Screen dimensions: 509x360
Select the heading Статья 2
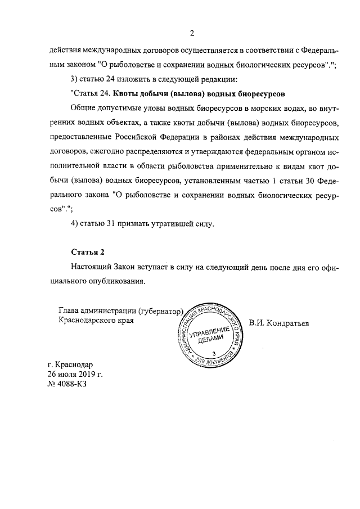click(x=87, y=251)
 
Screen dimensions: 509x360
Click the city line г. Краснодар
click(x=70, y=363)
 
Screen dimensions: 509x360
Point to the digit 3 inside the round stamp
click(x=213, y=353)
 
